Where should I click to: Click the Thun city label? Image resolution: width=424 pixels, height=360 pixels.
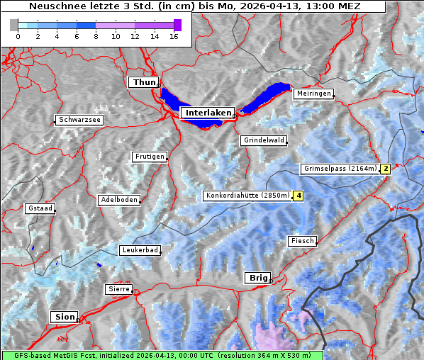pos(144,83)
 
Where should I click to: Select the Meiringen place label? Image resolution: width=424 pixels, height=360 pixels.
pos(313,94)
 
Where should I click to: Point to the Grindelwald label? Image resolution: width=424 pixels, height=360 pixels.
pos(264,140)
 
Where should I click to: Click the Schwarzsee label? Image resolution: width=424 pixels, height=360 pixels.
pos(79,120)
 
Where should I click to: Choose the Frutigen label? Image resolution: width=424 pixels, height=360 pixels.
pos(149,157)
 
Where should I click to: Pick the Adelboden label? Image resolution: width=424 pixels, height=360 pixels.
pos(118,200)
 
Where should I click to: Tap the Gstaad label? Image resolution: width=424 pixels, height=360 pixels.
pos(40,209)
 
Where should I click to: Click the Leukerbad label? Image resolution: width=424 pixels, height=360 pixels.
pos(140,250)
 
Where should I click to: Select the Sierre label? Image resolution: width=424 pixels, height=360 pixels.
pos(118,289)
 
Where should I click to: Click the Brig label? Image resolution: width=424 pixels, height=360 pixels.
pos(257,278)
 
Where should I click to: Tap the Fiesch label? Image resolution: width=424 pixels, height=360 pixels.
pos(302,241)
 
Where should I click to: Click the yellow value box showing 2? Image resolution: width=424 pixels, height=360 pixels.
pos(385,169)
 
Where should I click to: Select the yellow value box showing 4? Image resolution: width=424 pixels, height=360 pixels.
pos(299,196)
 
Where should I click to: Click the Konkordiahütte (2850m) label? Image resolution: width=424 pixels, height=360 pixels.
pos(247,196)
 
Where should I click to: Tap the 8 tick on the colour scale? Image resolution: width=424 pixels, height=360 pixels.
pos(96,36)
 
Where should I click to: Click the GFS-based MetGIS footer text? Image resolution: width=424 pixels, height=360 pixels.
pos(162,355)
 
